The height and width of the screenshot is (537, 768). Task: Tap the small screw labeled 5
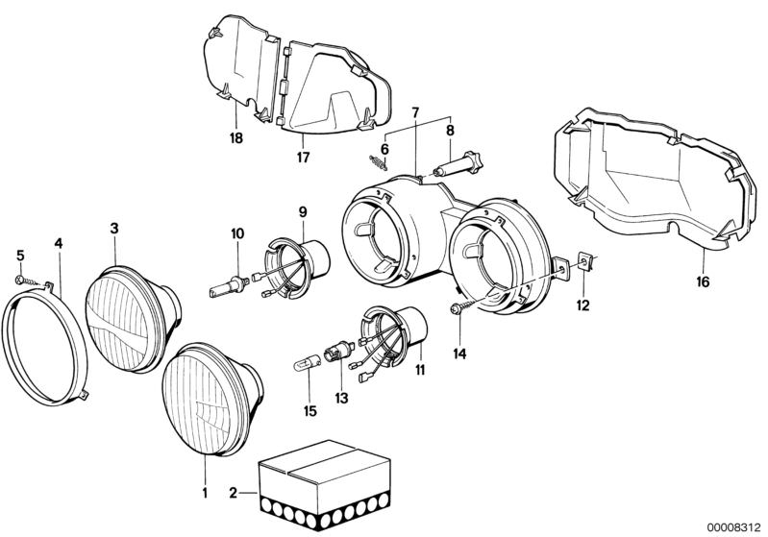pyautogui.click(x=23, y=279)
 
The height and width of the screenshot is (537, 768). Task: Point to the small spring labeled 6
pyautogui.click(x=373, y=160)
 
